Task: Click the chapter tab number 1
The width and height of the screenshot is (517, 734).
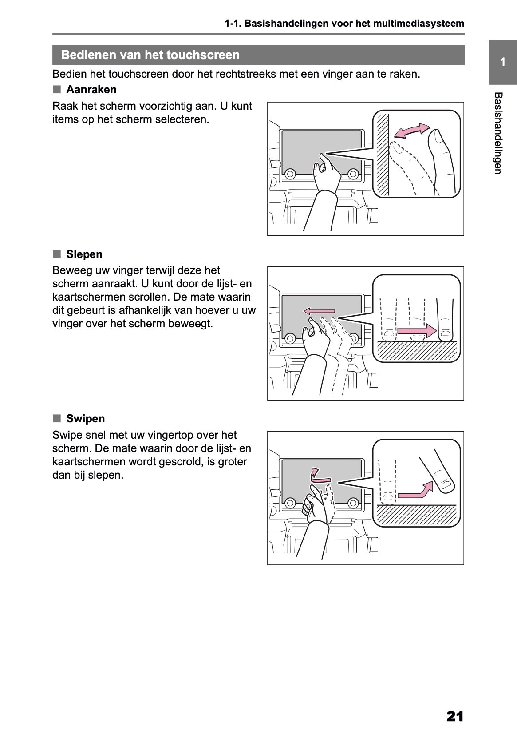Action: [502, 62]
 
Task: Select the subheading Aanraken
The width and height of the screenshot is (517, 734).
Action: [91, 90]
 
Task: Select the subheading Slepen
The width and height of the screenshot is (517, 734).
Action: [84, 254]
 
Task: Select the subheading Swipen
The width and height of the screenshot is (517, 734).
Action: [86, 419]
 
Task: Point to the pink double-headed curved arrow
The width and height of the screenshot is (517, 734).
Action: [412, 131]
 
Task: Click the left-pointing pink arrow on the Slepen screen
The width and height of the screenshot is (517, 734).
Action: [319, 311]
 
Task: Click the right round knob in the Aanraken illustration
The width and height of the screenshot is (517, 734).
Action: [353, 174]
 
